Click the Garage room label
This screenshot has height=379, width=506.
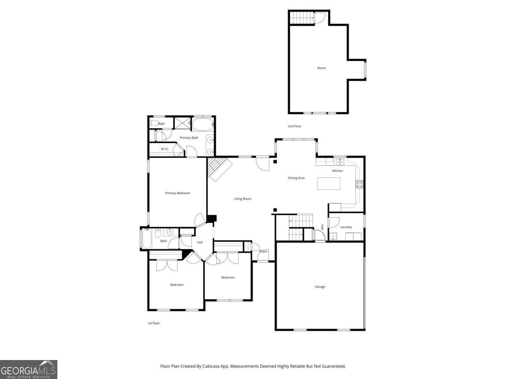[x=320, y=287]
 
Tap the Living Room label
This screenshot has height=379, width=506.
[x=242, y=199]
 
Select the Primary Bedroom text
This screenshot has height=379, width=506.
[x=177, y=193]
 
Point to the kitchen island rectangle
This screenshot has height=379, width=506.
[x=328, y=184]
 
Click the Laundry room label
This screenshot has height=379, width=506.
[x=346, y=227]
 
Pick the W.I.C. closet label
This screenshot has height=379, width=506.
[x=165, y=149]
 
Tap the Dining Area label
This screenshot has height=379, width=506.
[x=296, y=178]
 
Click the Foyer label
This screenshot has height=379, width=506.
[x=264, y=252]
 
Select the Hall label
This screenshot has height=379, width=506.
[x=200, y=243]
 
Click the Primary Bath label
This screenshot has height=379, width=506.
[x=189, y=138]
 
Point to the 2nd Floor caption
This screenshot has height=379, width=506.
[x=295, y=126]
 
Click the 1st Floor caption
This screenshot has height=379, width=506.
[x=153, y=323]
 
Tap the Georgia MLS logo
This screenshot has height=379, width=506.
[x=28, y=369]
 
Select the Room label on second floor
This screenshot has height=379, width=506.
[x=321, y=68]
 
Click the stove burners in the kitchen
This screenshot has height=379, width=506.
[x=360, y=184]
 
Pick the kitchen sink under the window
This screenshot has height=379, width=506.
[x=340, y=162]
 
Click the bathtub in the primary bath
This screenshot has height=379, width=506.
[x=203, y=124]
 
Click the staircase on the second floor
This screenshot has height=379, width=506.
[x=302, y=18]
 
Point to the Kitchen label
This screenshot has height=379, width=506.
[x=337, y=171]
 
